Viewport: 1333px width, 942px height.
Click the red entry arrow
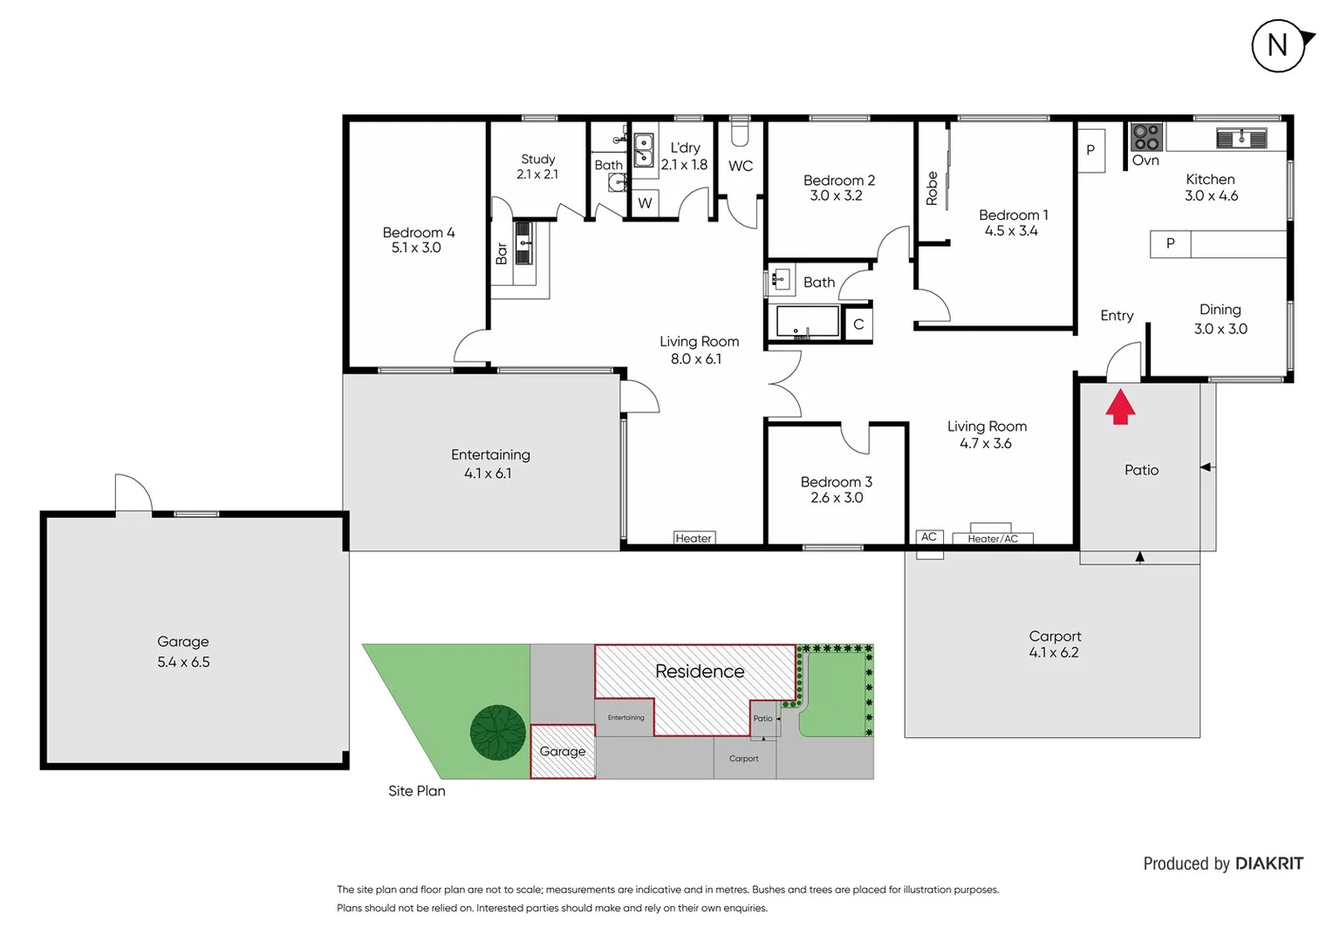(1120, 406)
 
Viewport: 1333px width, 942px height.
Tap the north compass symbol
(1279, 45)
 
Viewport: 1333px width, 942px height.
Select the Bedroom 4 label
(418, 233)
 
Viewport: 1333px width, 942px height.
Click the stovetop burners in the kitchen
(1146, 137)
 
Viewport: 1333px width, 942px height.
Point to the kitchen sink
(1241, 138)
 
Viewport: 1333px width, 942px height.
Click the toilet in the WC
(740, 132)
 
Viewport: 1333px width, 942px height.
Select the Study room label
(537, 160)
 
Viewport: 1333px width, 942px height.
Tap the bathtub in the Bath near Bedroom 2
(803, 322)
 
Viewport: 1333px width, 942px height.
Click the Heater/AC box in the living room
(992, 538)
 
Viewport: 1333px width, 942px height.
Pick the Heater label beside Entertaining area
(694, 538)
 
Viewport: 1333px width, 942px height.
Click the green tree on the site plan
(498, 733)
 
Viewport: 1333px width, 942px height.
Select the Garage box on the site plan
(563, 751)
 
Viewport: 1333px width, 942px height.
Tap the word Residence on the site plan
(700, 672)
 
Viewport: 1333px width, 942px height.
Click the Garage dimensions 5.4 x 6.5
(183, 662)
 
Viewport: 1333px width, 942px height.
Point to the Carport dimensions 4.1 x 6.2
(1054, 652)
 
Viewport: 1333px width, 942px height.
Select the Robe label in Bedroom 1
(932, 188)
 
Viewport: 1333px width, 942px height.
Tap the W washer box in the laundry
(645, 203)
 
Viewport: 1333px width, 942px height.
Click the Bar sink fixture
(523, 243)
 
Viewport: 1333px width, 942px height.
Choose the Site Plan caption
(416, 791)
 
